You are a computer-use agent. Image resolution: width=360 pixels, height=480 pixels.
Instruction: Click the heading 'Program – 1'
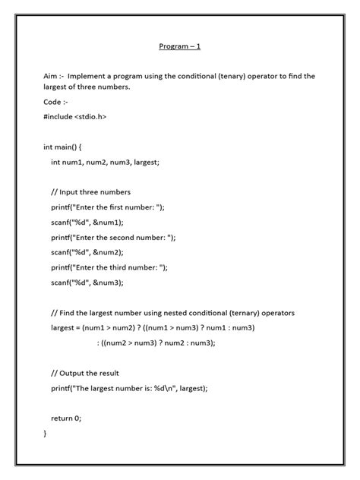pyautogui.click(x=179, y=47)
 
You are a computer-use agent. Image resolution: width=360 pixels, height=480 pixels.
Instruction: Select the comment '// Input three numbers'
pyautogui.click(x=91, y=192)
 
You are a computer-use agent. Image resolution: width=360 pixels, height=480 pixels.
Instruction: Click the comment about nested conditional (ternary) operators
pyautogui.click(x=172, y=313)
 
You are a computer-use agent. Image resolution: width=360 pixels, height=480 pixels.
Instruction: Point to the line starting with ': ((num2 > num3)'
pyautogui.click(x=156, y=343)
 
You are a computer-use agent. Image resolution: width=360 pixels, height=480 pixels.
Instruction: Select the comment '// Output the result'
pyautogui.click(x=85, y=373)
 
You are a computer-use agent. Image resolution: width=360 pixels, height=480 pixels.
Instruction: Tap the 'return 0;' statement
pyautogui.click(x=66, y=418)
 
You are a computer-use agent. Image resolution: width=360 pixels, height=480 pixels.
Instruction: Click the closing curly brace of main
pyautogui.click(x=46, y=433)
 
